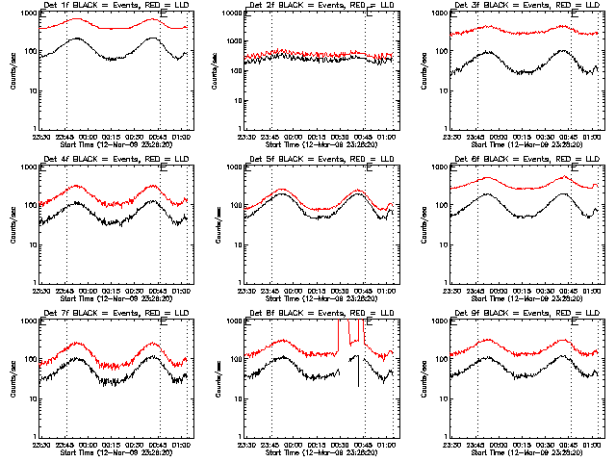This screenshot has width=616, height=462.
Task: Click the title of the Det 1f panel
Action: tap(115, 7)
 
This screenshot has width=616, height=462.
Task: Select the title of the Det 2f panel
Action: tap(321, 7)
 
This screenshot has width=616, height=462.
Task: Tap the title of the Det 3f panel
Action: tap(526, 7)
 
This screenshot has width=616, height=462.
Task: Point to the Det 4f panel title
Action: tap(115, 160)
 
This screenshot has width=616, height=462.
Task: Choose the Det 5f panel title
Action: tap(321, 160)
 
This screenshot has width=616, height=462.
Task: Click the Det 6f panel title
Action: tap(526, 160)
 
